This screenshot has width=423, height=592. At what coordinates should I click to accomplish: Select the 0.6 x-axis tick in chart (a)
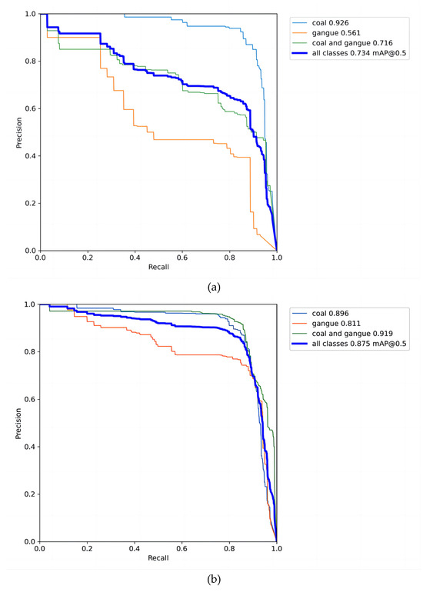point(182,259)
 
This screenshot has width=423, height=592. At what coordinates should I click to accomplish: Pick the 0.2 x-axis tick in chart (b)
point(87,550)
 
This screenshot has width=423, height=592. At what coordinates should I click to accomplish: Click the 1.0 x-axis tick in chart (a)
point(276,259)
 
